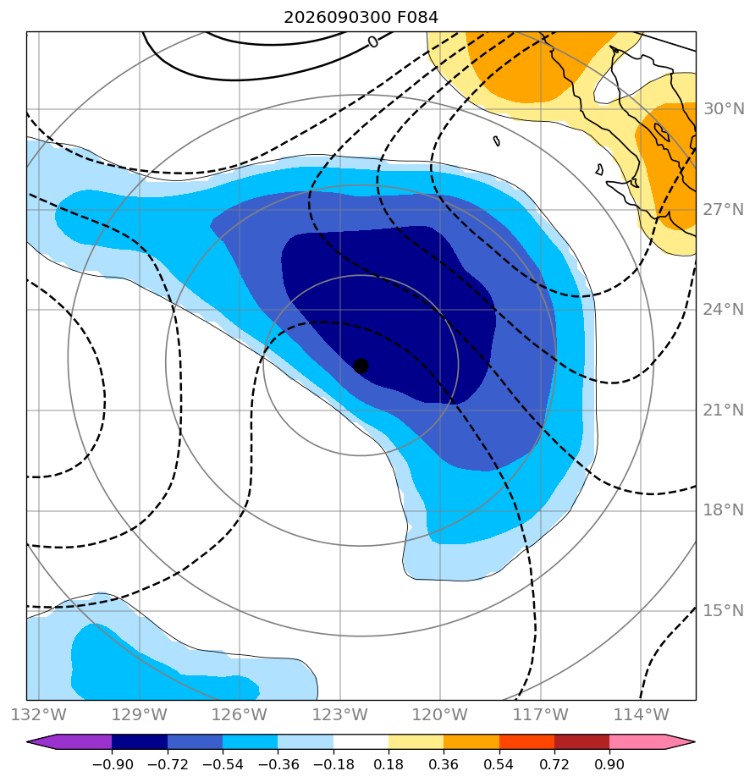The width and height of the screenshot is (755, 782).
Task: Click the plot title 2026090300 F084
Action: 361,18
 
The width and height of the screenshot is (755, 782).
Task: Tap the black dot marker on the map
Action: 361,366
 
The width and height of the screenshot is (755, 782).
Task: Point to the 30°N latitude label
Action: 724,108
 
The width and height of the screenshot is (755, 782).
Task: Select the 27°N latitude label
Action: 724,210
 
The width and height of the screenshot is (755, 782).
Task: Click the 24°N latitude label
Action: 724,310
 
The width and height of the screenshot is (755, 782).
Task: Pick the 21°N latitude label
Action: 724,410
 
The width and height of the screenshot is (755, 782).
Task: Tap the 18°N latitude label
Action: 724,510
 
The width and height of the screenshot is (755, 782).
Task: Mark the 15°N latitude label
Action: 724,610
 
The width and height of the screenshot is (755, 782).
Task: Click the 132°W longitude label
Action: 39,714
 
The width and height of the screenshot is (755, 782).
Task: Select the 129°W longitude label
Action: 139,714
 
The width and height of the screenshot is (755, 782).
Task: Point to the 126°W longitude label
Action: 240,714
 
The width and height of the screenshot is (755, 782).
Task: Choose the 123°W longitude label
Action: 340,714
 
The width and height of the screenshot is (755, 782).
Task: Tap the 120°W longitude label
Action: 440,714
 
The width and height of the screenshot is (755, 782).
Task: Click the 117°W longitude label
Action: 541,714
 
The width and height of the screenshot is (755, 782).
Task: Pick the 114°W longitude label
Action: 641,714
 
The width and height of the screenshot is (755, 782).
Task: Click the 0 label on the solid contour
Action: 373,42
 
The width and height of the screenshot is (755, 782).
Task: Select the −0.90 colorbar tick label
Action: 113,764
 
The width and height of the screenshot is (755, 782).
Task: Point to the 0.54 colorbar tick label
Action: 499,764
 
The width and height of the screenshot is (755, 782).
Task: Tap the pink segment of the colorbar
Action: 637,742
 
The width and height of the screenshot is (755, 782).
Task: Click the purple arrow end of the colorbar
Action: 69,742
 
